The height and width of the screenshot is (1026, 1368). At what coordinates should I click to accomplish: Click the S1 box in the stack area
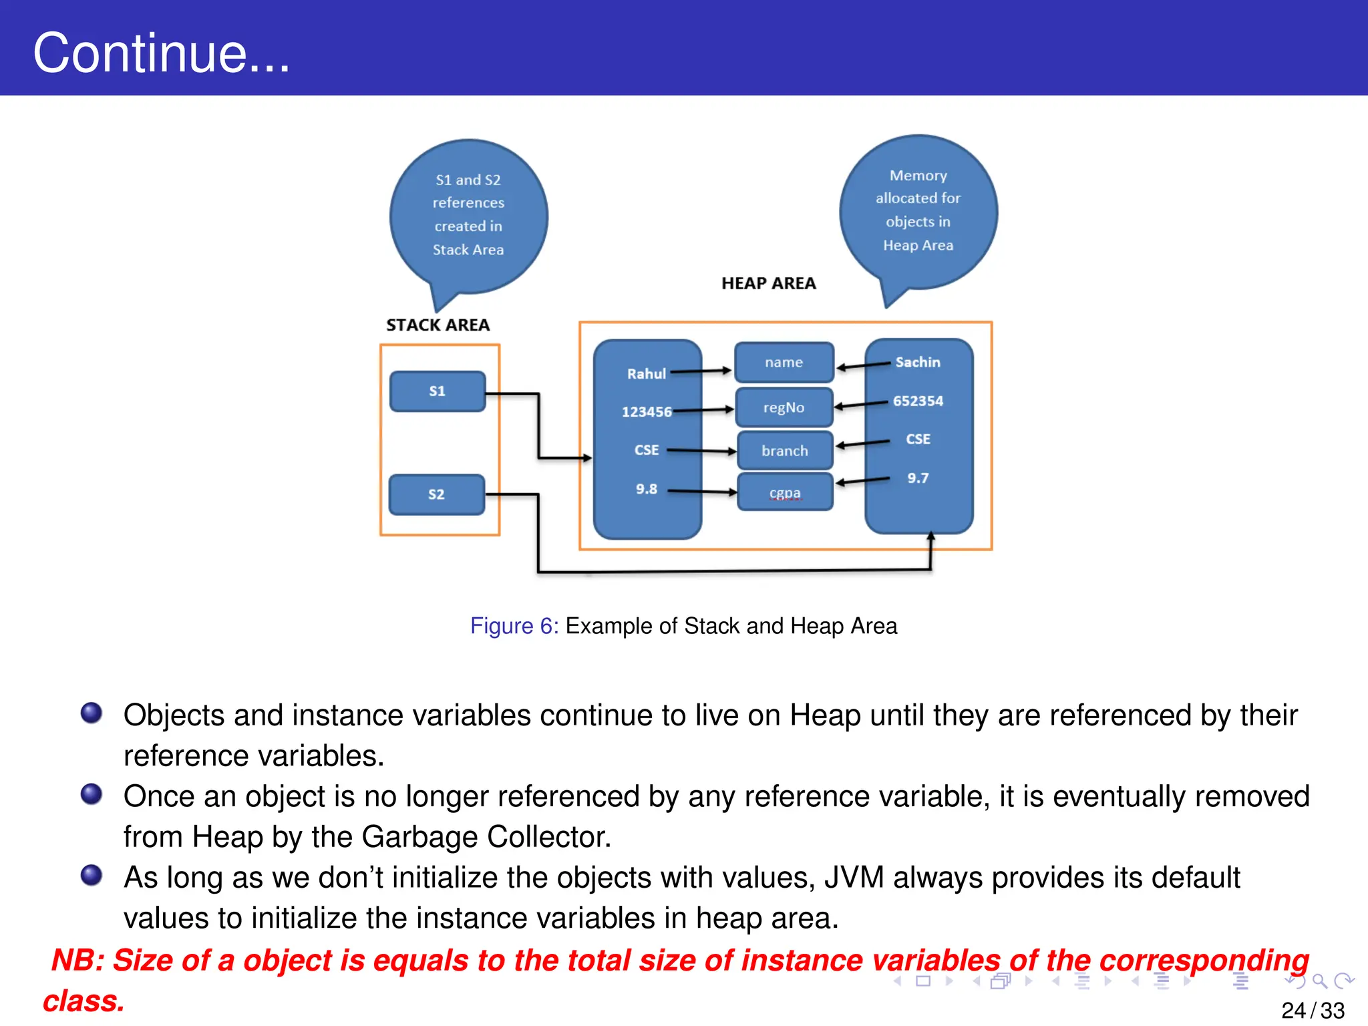[437, 391]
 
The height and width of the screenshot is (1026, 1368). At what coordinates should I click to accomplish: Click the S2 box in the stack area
[436, 494]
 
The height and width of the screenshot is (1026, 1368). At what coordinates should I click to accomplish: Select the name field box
[784, 362]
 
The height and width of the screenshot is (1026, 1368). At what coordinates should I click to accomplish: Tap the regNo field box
[784, 407]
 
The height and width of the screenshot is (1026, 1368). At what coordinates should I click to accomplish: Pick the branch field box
[784, 451]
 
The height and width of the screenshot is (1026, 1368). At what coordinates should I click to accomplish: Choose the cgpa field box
[784, 492]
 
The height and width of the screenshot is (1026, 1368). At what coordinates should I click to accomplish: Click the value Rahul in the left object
[646, 374]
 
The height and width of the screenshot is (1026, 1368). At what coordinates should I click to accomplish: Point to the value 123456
[646, 412]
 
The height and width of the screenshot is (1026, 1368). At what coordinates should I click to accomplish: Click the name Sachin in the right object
[917, 362]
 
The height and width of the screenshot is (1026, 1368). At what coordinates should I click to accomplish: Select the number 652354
[918, 401]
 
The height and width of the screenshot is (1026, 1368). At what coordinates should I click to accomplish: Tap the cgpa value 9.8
[646, 489]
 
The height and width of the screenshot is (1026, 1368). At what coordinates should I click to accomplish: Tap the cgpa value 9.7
[917, 478]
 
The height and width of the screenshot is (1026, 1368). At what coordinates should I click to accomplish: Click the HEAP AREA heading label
[768, 283]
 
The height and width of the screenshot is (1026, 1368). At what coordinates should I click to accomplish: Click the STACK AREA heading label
[438, 325]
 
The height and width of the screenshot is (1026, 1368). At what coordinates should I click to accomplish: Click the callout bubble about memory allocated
[918, 211]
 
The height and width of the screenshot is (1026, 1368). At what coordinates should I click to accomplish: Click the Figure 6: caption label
[514, 626]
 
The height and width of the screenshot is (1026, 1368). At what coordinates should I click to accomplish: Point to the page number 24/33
[1312, 1010]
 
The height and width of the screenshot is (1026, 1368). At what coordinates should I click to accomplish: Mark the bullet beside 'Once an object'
[92, 794]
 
